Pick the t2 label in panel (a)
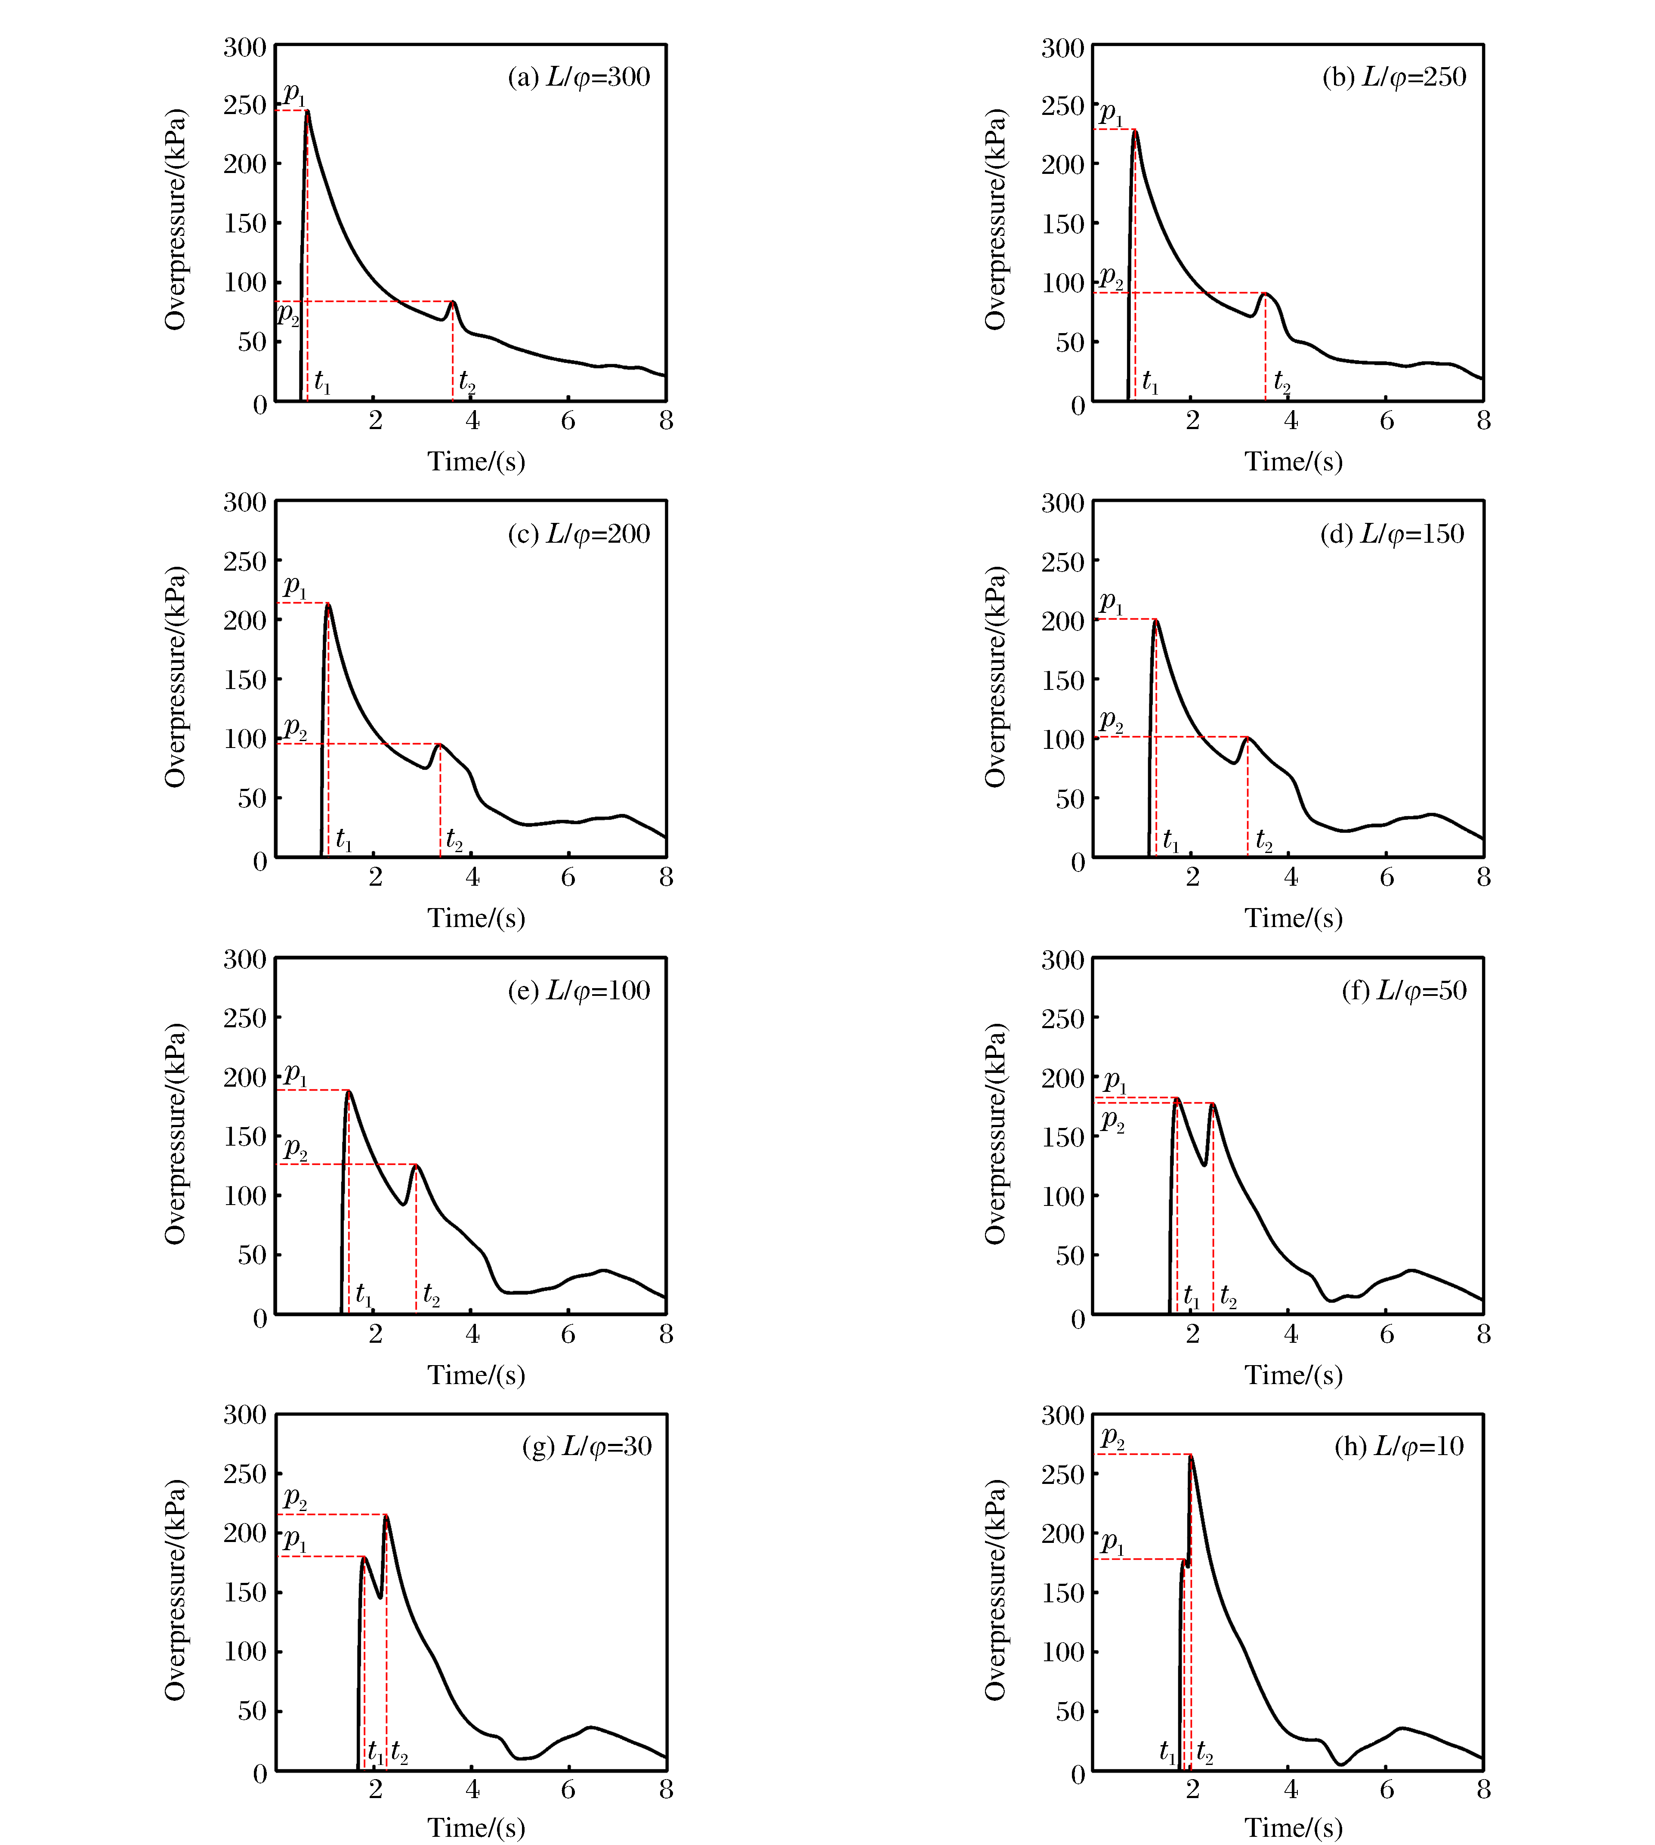466,382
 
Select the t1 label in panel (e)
364,1294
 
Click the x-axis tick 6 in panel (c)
568,878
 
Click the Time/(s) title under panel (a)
476,462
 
